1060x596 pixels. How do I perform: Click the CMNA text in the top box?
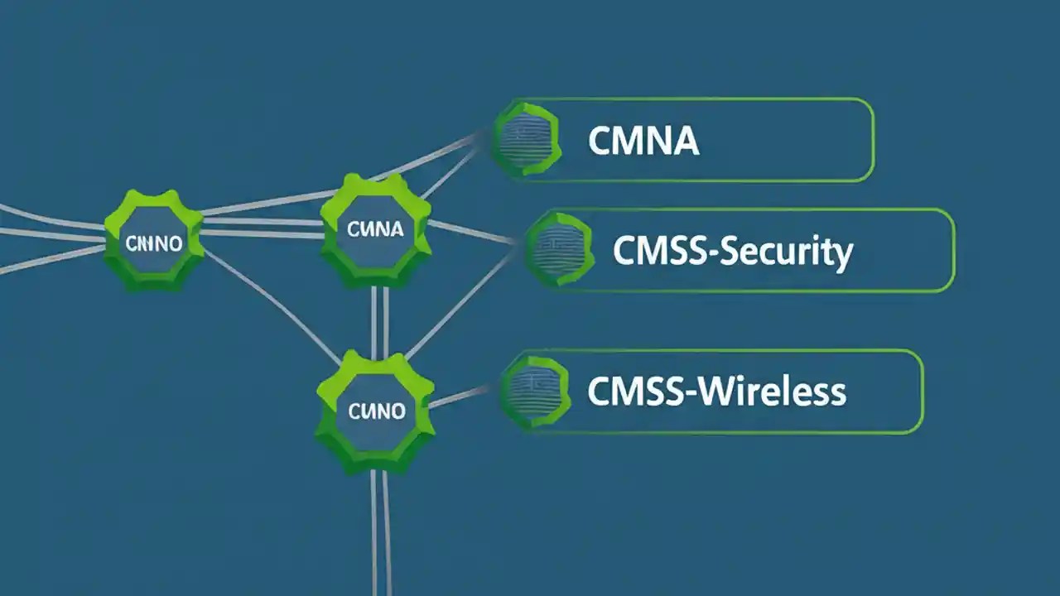643,142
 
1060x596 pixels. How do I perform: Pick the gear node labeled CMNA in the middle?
375,229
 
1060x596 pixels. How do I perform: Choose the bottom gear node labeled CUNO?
376,410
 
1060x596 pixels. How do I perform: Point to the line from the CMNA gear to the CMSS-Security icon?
472,233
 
